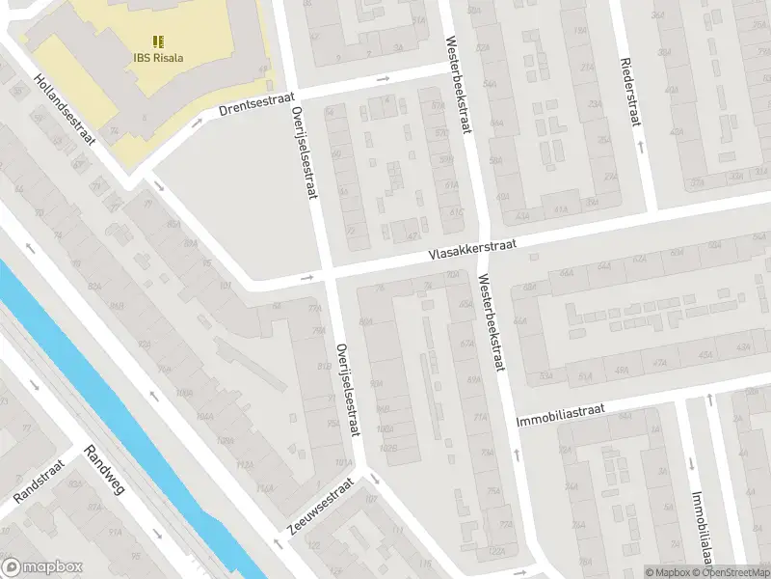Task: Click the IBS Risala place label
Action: (x=158, y=57)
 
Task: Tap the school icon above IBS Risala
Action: (x=158, y=41)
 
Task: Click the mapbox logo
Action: (x=42, y=566)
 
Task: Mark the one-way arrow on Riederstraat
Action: (x=641, y=146)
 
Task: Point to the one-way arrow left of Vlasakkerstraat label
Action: (x=308, y=278)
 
